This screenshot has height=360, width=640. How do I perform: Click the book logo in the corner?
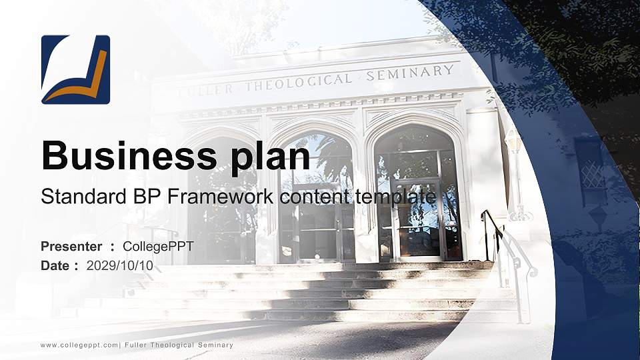[x=75, y=69]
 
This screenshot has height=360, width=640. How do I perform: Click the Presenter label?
[x=71, y=247]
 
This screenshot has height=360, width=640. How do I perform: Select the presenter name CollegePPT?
[x=158, y=247]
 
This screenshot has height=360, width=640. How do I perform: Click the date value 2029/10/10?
[x=119, y=265]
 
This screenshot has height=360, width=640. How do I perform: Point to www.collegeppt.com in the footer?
[x=79, y=345]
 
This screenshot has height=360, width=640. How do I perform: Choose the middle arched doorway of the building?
[x=316, y=200]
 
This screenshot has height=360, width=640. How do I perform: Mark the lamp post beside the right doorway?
[x=515, y=173]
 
